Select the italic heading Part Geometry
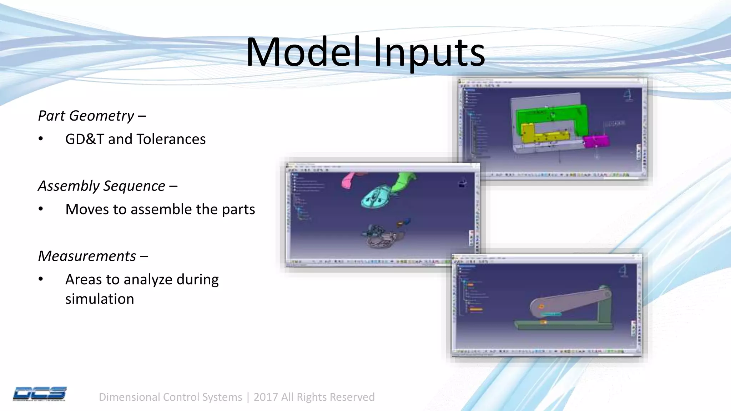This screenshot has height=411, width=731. pos(86,116)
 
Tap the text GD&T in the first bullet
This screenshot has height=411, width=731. pos(84,139)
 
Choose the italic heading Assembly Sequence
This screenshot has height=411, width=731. pos(102,186)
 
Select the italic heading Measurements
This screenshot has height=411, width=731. pos(87,256)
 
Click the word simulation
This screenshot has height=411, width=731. pos(100,299)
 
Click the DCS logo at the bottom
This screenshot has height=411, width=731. pos(40,394)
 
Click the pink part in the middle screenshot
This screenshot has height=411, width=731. pos(348,180)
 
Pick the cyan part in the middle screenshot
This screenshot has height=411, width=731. pos(377,197)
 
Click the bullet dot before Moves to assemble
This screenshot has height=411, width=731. pos(41,209)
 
